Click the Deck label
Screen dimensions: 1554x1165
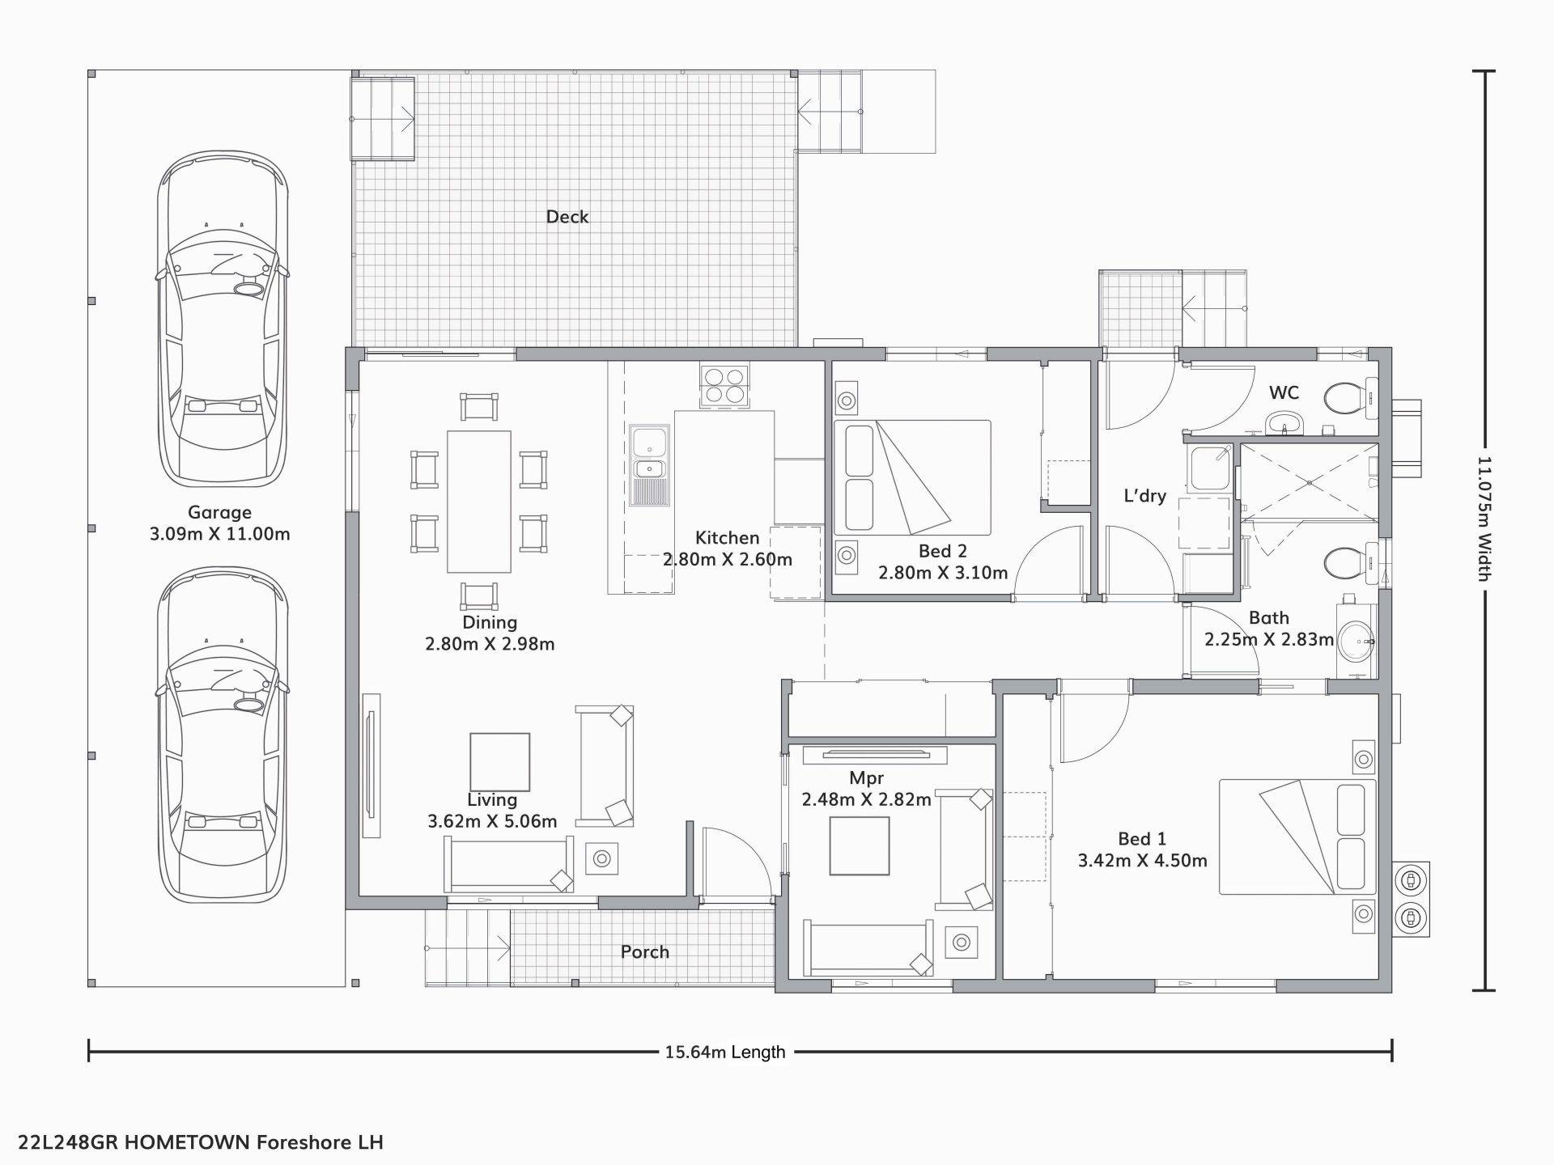pyautogui.click(x=567, y=217)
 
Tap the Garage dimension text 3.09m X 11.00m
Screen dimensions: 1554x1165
pyautogui.click(x=219, y=534)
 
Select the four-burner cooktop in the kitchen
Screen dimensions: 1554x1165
pyautogui.click(x=724, y=386)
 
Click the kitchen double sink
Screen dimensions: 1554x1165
pyautogui.click(x=649, y=465)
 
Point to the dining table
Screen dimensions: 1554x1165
pyautogui.click(x=479, y=502)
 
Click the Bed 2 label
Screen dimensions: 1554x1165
pyautogui.click(x=943, y=552)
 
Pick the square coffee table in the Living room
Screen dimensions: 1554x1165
pyautogui.click(x=500, y=762)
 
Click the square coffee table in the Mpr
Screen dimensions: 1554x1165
pyautogui.click(x=860, y=846)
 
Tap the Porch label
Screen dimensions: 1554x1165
pyautogui.click(x=645, y=952)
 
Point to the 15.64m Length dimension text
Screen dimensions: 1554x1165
pyautogui.click(x=725, y=1053)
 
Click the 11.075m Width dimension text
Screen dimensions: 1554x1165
pyautogui.click(x=1484, y=519)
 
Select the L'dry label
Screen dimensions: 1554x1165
pyautogui.click(x=1144, y=496)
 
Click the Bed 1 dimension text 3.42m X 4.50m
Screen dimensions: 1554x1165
pyautogui.click(x=1142, y=861)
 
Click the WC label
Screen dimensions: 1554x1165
pyautogui.click(x=1284, y=393)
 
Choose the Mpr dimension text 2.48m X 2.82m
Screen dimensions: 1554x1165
pyautogui.click(x=866, y=799)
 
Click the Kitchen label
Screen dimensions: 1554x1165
pyautogui.click(x=727, y=538)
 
